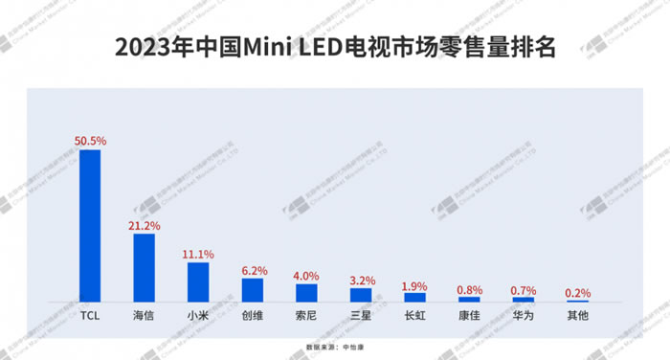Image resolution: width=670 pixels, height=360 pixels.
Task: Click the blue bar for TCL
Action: tap(90, 226)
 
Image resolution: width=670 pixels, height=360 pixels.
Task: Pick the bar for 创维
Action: tap(253, 290)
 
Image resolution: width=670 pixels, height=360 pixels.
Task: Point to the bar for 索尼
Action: tap(306, 293)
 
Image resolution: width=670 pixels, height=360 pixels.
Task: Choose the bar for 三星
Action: tap(361, 295)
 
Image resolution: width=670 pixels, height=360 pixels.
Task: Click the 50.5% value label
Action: tap(90, 141)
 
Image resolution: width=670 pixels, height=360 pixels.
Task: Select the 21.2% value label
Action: tap(145, 225)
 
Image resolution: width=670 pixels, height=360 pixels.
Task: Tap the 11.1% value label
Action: tap(198, 254)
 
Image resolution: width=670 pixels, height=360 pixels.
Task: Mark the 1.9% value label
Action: tap(414, 285)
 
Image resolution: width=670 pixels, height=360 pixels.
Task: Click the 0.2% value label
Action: tap(577, 292)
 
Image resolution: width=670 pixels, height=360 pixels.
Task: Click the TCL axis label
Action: tap(90, 314)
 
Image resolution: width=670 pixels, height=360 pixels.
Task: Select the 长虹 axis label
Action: tap(414, 314)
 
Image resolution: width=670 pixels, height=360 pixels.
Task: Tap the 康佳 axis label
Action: tap(469, 314)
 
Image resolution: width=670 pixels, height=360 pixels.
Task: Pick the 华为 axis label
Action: tap(523, 314)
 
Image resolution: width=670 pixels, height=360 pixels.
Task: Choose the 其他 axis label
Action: tap(577, 314)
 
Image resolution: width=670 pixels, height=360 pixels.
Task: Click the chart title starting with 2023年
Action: tap(334, 46)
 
